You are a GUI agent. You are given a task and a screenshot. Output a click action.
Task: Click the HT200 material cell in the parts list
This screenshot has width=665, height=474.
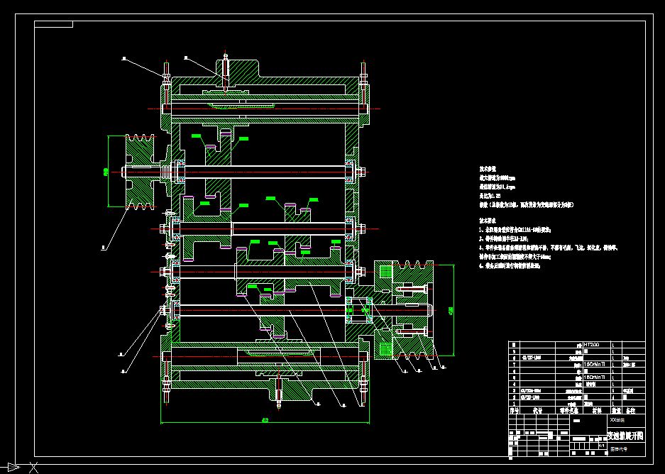tap(591, 345)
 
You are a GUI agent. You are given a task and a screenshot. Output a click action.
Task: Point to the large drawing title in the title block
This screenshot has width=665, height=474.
tap(625, 434)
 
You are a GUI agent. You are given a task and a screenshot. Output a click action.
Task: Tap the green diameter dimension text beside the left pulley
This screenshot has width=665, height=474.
tap(106, 171)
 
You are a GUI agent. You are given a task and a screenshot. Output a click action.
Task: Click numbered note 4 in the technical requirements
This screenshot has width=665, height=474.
tap(509, 265)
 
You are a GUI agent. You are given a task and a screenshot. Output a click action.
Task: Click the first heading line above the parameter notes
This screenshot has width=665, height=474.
tap(490, 170)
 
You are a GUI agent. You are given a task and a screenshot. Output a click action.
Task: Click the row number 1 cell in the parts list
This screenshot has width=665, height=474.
tap(512, 403)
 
